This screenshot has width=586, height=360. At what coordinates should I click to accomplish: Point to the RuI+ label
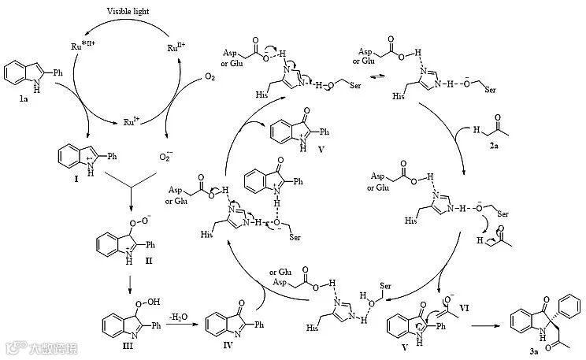[x=131, y=122]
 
